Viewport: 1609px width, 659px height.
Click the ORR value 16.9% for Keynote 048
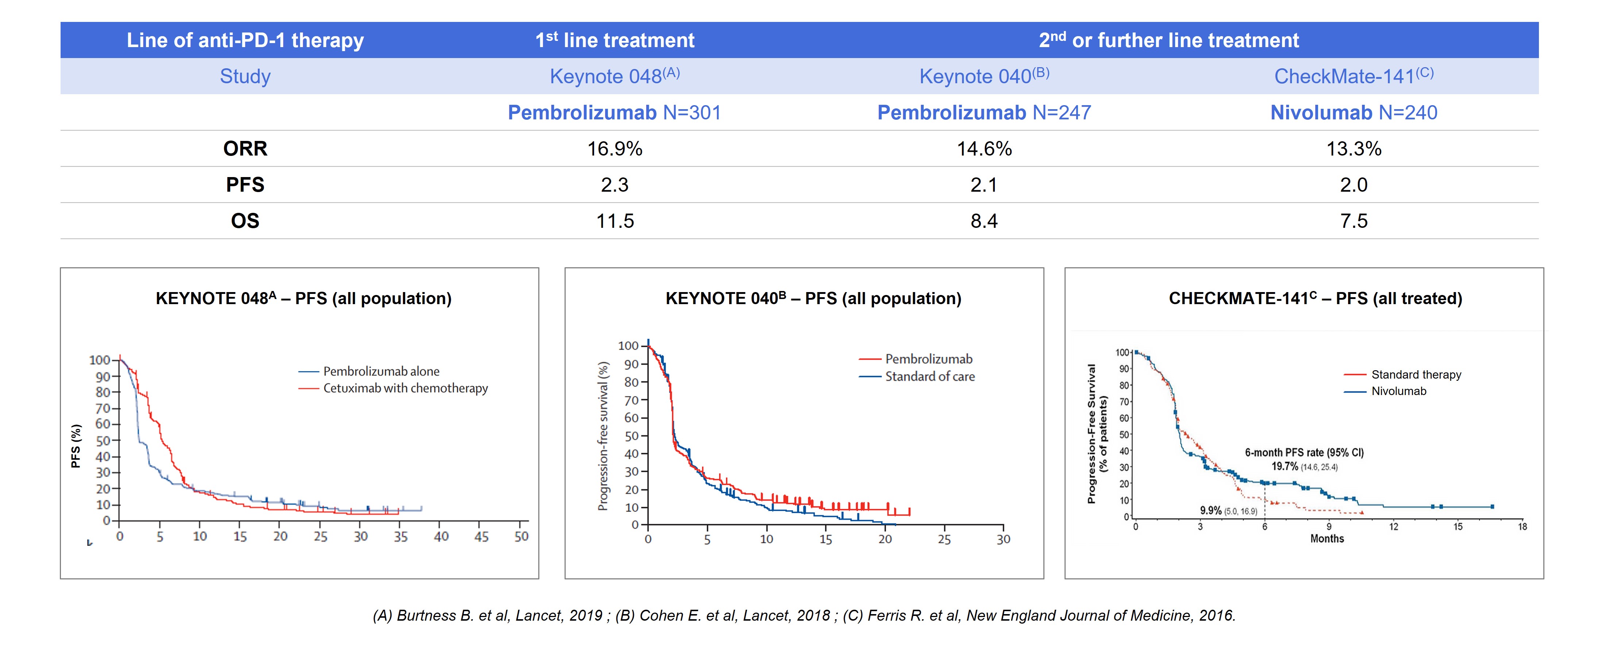coord(615,149)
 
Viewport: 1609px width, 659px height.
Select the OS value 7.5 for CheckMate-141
coord(1354,221)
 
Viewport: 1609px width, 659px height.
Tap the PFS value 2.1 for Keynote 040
coord(984,185)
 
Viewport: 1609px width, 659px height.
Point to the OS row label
coord(245,221)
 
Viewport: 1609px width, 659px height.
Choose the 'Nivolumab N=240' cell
coord(1354,112)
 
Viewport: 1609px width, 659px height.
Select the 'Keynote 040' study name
coord(984,76)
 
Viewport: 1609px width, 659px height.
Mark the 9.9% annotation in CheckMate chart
coord(1210,510)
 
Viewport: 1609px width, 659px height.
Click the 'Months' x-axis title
coord(1327,539)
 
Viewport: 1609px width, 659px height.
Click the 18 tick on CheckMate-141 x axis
coord(1522,526)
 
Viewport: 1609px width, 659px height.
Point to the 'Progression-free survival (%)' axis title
coord(603,436)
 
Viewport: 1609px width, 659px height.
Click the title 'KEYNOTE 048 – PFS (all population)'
coord(304,299)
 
